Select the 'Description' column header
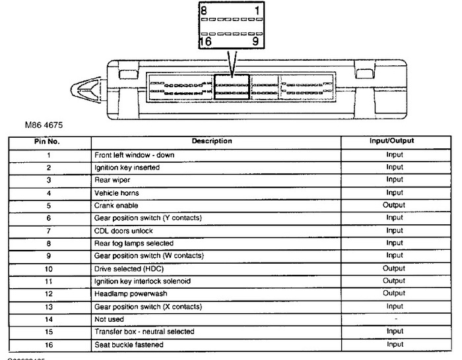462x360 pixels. point(212,141)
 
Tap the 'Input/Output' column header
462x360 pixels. point(394,141)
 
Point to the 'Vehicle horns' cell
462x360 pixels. point(117,193)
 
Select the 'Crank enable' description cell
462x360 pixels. point(116,205)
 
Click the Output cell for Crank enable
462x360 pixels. point(394,205)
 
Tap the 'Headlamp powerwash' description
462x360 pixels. point(129,293)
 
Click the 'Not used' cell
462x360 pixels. point(109,319)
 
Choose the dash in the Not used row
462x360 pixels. point(394,319)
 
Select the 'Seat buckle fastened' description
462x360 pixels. point(129,344)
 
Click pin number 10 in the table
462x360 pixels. point(49,268)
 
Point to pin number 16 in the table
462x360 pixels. point(49,344)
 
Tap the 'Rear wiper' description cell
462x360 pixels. point(114,180)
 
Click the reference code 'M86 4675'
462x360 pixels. point(44,124)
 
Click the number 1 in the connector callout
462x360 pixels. point(258,11)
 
